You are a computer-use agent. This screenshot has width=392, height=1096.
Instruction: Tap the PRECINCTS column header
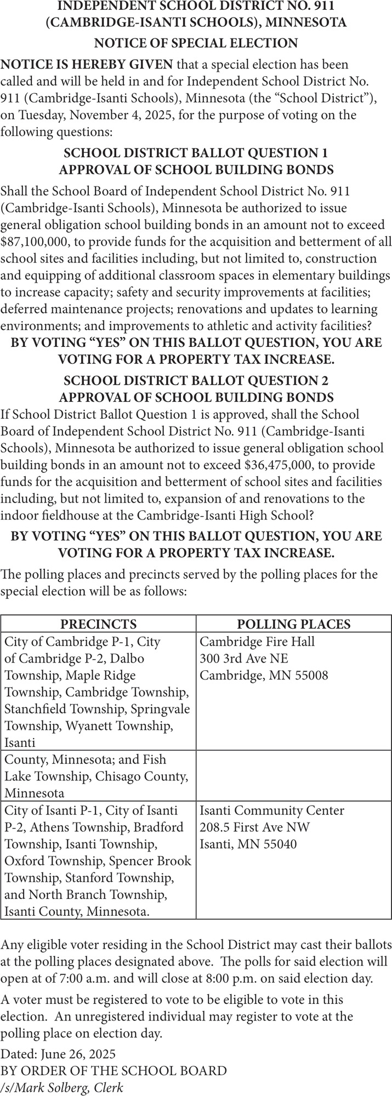(98, 624)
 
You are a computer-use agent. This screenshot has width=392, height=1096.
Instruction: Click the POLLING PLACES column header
(293, 624)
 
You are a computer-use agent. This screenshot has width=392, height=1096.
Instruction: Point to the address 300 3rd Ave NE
(244, 658)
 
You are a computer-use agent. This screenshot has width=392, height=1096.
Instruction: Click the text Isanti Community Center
(272, 810)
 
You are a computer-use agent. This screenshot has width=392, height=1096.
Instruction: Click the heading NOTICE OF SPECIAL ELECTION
(196, 43)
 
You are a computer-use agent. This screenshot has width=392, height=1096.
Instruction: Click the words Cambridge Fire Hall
(257, 641)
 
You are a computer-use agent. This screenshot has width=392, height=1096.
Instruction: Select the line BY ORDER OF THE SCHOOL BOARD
(113, 1071)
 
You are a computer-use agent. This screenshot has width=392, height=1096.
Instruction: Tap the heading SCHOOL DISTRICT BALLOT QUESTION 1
(196, 153)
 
